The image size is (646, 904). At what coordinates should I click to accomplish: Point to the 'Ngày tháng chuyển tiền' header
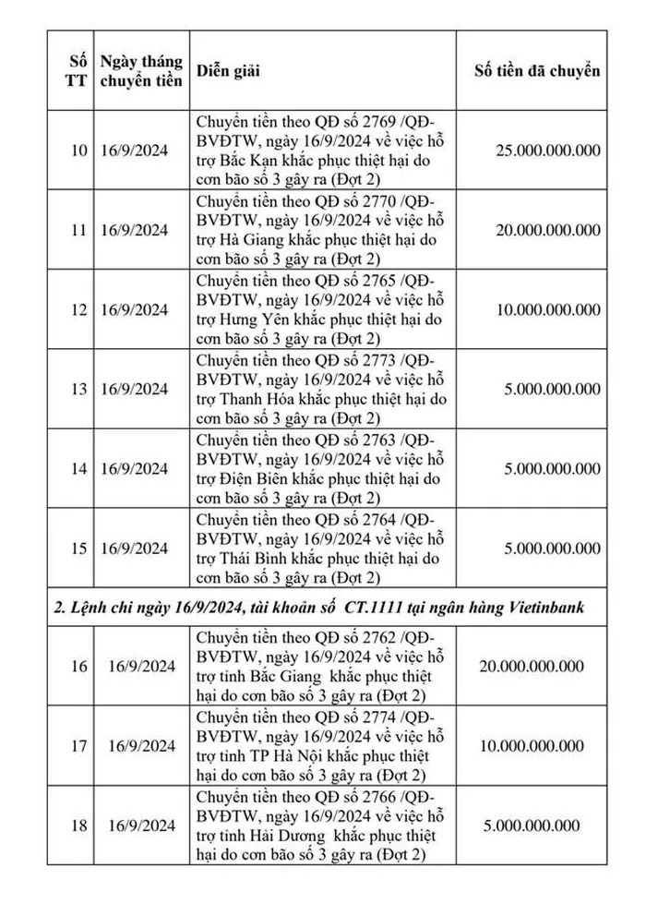point(142,70)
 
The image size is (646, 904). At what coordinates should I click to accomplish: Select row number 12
point(78,309)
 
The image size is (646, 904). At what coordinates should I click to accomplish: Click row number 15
point(78,548)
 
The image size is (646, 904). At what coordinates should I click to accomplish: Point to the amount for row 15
point(552,548)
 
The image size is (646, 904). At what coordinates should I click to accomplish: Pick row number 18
point(78,826)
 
